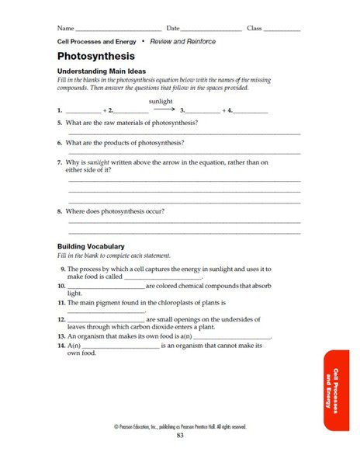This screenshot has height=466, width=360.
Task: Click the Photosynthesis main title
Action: tap(96, 56)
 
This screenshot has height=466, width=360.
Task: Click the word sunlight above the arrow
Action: tap(160, 101)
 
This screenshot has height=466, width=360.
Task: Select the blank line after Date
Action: tap(211, 30)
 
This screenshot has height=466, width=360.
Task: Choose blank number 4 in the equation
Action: tap(251, 113)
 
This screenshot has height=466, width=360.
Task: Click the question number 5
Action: tap(60, 123)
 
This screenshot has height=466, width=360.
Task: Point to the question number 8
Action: tap(60, 211)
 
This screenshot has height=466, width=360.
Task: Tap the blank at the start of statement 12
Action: tap(106, 320)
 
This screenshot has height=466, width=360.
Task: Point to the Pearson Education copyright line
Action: tap(180, 426)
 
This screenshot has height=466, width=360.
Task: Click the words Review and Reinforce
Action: tap(182, 41)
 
